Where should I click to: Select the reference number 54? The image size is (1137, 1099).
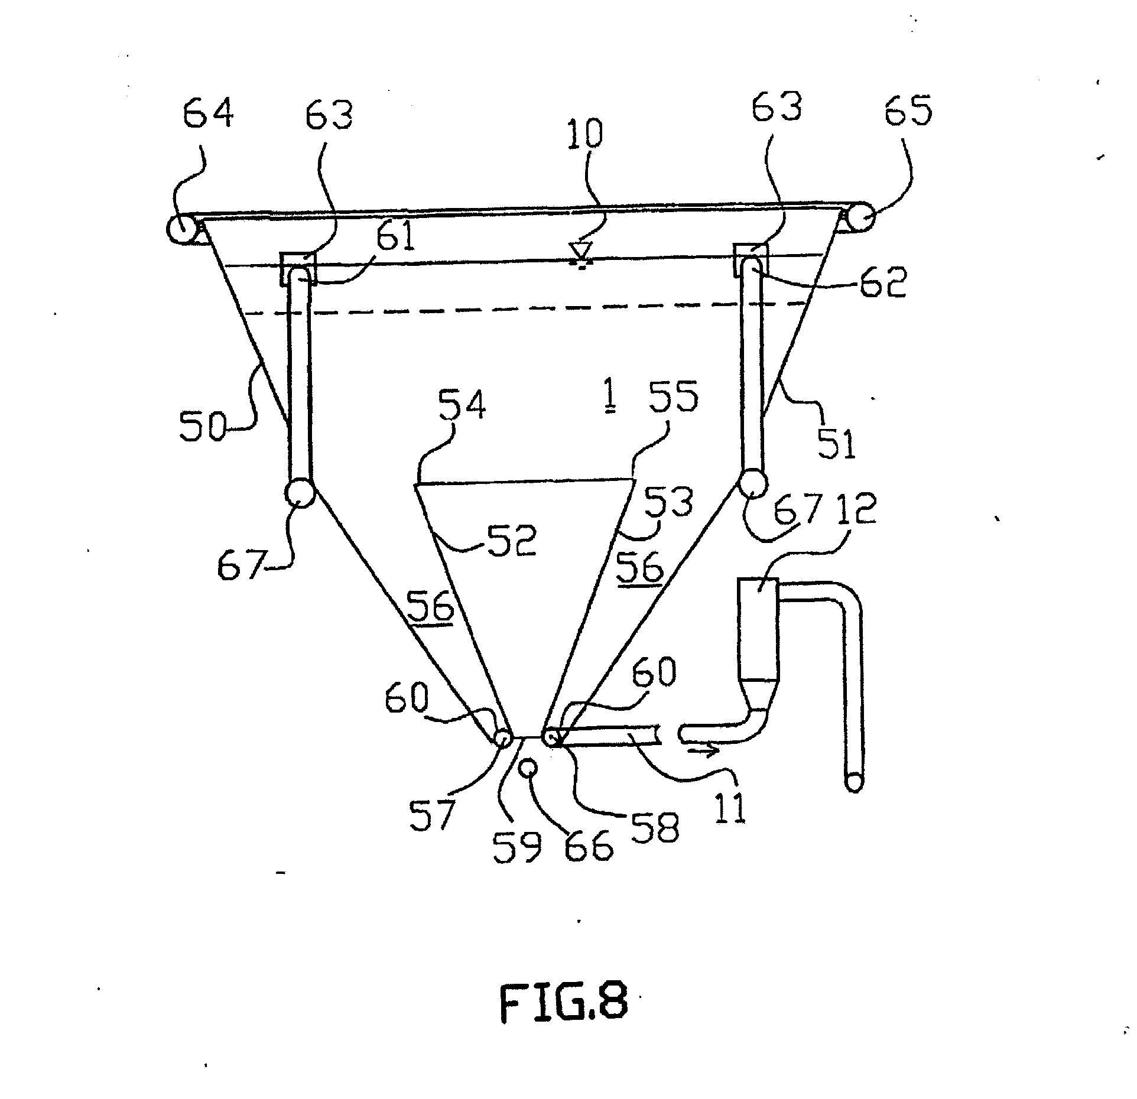tap(462, 402)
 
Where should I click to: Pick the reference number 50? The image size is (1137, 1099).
tap(203, 427)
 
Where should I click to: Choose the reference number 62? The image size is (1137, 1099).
tap(882, 281)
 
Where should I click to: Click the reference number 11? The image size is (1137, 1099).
tap(732, 803)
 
